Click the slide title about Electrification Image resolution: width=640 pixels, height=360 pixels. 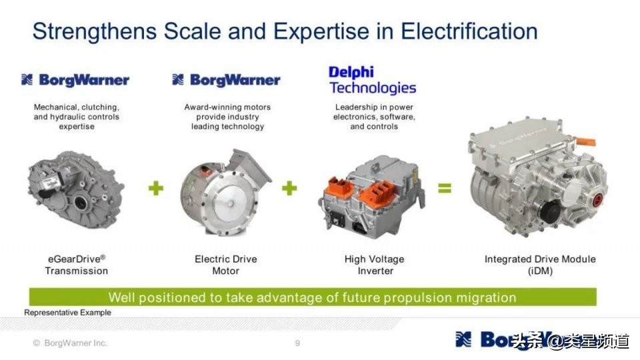285,31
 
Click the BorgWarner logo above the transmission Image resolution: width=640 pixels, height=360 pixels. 75,80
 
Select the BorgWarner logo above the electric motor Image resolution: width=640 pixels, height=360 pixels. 226,80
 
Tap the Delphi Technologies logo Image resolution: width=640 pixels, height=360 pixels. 372,80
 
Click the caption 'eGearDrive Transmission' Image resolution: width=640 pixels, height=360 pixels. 77,265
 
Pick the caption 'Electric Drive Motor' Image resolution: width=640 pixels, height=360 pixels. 225,265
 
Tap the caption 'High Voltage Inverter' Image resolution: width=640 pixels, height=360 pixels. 374,265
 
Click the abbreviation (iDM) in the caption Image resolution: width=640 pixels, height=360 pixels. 540,271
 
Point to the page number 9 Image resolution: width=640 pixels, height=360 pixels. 297,343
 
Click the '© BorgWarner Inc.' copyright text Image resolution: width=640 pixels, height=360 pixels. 70,343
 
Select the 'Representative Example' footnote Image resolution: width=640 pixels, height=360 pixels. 67,312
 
